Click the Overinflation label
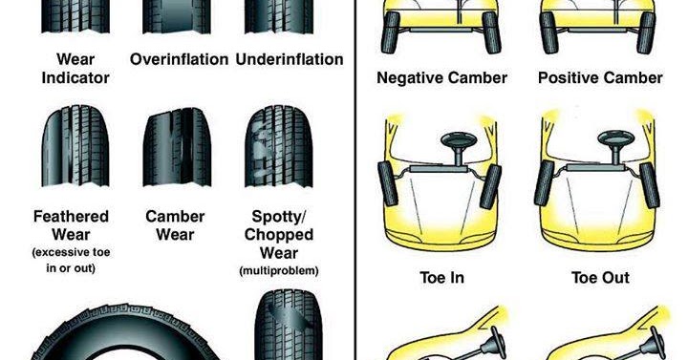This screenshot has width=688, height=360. click(x=180, y=59)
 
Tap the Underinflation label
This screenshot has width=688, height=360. click(x=289, y=59)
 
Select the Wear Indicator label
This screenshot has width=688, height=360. click(x=75, y=68)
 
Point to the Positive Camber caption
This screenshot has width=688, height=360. click(x=600, y=77)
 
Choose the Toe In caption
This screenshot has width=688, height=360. click(x=441, y=278)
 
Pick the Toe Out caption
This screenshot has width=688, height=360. click(x=600, y=278)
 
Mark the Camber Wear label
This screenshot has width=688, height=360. click(x=176, y=225)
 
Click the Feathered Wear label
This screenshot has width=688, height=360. click(x=71, y=225)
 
